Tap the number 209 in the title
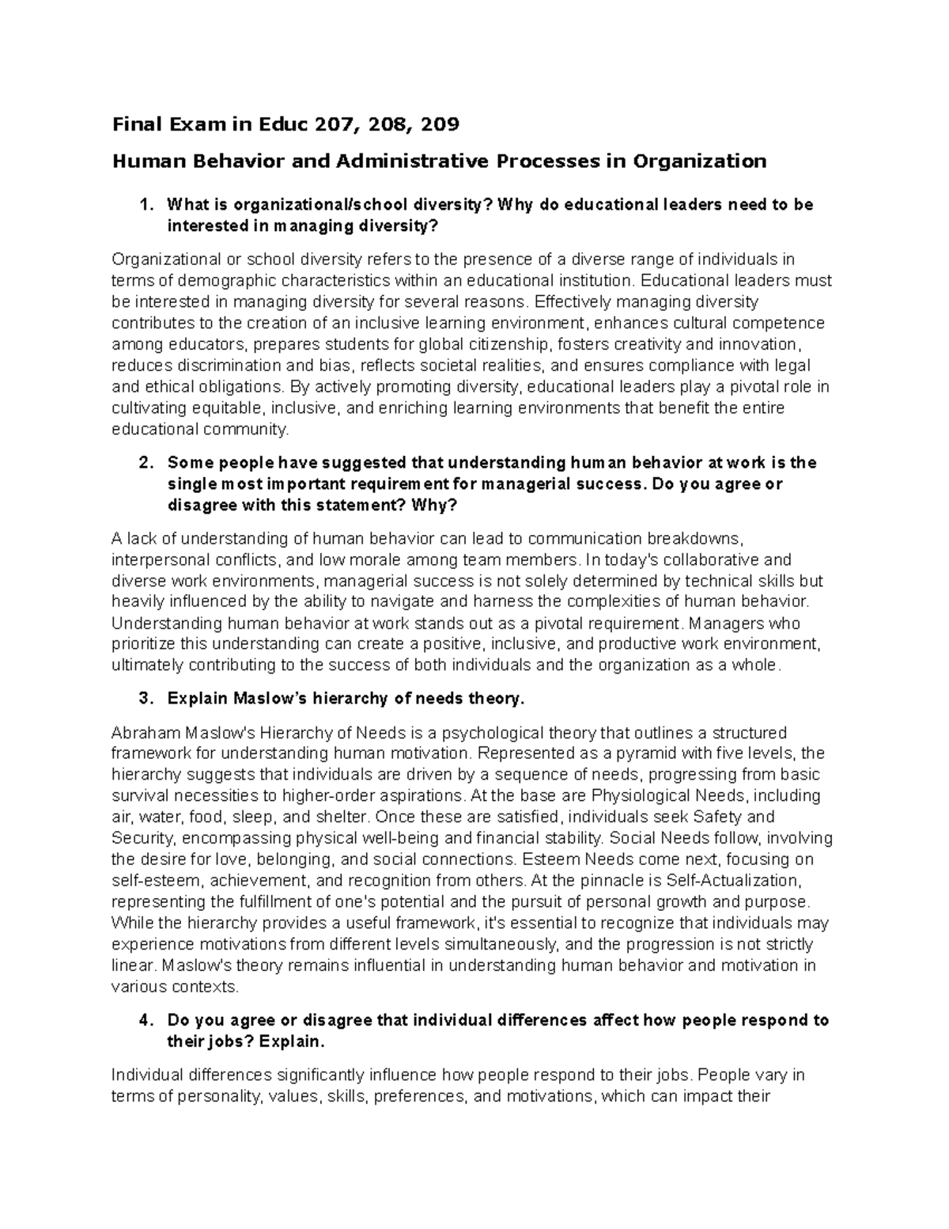[439, 124]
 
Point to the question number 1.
[143, 205]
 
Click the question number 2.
[143, 462]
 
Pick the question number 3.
[143, 699]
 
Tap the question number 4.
[143, 1020]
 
